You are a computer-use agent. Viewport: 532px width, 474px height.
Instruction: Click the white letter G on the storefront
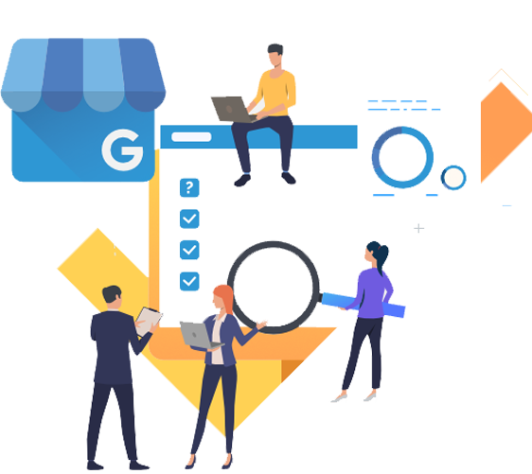tap(122, 149)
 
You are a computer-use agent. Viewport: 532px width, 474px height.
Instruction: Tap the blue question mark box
tap(189, 187)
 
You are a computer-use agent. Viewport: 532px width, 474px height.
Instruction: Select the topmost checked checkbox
tap(189, 219)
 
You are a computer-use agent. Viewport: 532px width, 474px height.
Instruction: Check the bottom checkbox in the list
tap(189, 281)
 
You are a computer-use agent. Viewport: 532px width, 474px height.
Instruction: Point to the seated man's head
tap(275, 55)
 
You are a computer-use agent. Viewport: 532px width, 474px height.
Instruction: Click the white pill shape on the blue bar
tap(191, 136)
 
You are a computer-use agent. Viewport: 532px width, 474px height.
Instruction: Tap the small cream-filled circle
tap(453, 178)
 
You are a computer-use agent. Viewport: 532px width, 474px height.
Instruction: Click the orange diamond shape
tap(505, 132)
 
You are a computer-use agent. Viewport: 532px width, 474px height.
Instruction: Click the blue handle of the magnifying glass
tap(364, 306)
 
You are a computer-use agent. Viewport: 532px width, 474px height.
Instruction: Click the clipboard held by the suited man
tap(149, 321)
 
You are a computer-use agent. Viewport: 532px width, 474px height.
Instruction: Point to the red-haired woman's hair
tap(225, 297)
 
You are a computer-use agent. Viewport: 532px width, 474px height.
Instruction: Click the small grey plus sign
tap(419, 228)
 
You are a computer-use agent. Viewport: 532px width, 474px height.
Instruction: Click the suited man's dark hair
tap(112, 293)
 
